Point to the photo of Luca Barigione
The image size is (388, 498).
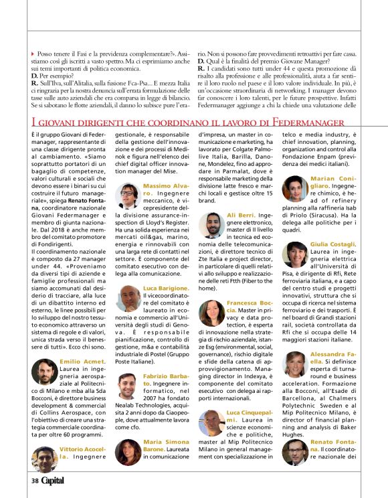[x=130, y=298]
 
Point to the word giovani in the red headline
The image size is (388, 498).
[x=64, y=122]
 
